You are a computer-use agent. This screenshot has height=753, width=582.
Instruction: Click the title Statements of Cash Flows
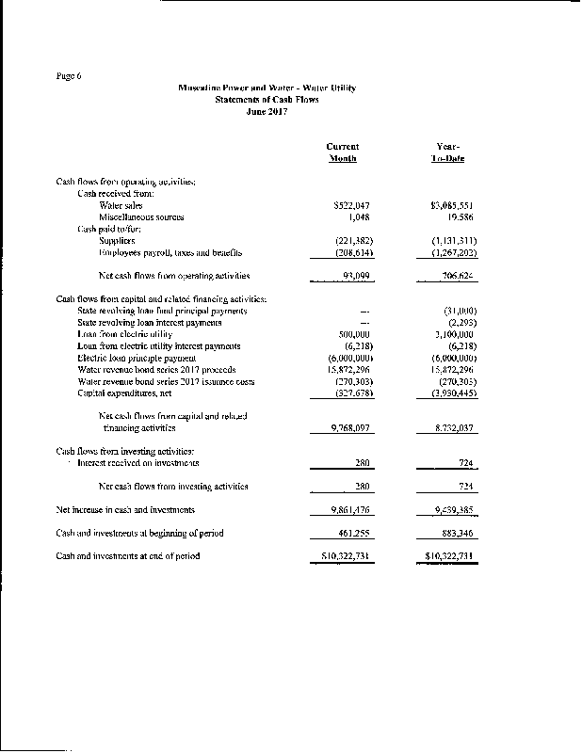[267, 99]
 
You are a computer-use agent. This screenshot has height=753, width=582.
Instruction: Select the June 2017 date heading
[267, 111]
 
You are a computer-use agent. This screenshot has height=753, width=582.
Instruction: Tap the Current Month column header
[342, 152]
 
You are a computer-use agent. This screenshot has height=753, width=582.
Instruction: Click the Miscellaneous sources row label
[141, 216]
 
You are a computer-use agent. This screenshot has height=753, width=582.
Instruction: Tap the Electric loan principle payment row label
[153, 359]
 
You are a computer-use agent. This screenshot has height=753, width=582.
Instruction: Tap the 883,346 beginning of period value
[454, 533]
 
